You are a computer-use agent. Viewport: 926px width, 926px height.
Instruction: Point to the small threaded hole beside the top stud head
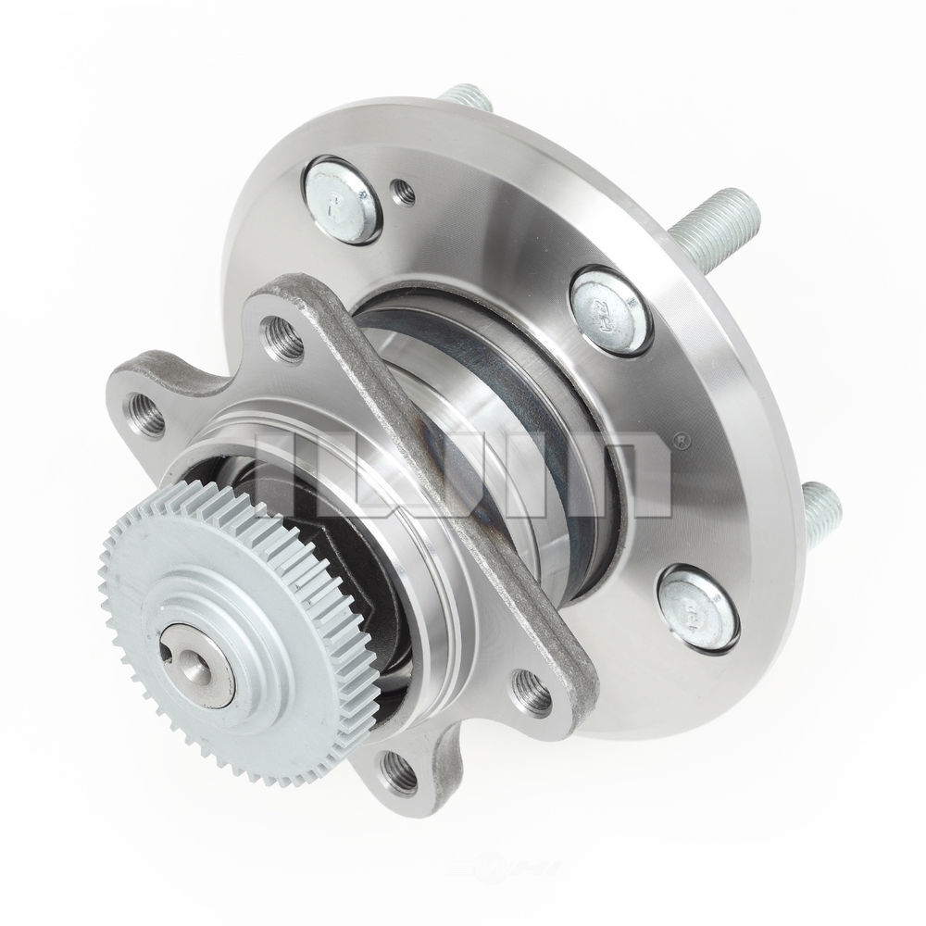click(404, 192)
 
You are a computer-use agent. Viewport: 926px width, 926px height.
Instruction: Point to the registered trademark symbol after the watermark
click(684, 441)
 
